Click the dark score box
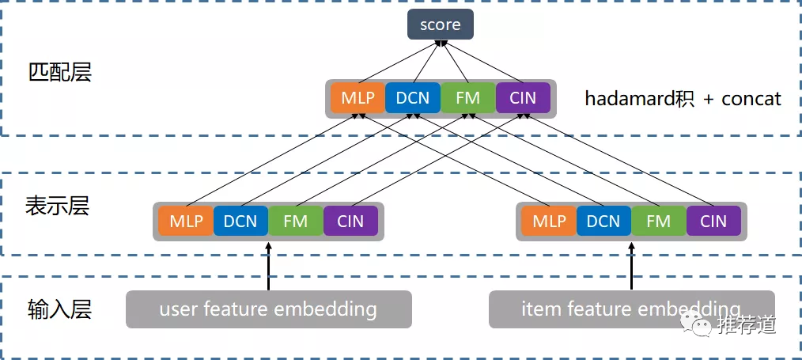(x=441, y=25)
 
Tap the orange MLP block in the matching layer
(x=357, y=98)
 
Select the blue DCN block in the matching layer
(x=413, y=98)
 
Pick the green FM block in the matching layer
(x=467, y=98)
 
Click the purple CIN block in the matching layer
(x=523, y=98)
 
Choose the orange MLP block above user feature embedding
(x=185, y=222)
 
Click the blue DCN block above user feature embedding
(x=240, y=222)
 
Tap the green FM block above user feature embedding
(x=295, y=222)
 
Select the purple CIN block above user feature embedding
(x=350, y=222)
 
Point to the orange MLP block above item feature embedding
(x=548, y=222)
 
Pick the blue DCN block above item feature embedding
(x=603, y=222)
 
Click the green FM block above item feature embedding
(x=658, y=222)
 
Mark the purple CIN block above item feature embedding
(x=713, y=222)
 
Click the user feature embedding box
(x=268, y=309)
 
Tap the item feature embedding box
(x=631, y=309)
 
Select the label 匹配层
(x=60, y=73)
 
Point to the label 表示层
(x=57, y=207)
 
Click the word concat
(x=751, y=99)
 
